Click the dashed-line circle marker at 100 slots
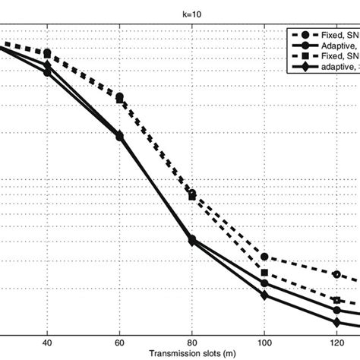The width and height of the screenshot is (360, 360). pos(264,257)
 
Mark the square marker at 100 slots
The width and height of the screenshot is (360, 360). pos(264,273)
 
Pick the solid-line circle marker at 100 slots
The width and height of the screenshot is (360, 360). pos(264,283)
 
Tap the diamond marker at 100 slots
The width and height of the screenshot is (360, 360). pos(264,295)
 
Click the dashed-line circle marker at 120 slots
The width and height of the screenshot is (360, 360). pos(336,273)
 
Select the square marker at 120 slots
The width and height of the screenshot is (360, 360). pos(336,300)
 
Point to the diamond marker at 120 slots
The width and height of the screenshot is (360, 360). pos(336,318)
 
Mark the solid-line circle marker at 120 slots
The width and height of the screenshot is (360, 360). pos(336,310)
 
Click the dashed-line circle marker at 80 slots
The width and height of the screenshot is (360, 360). pos(192,194)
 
